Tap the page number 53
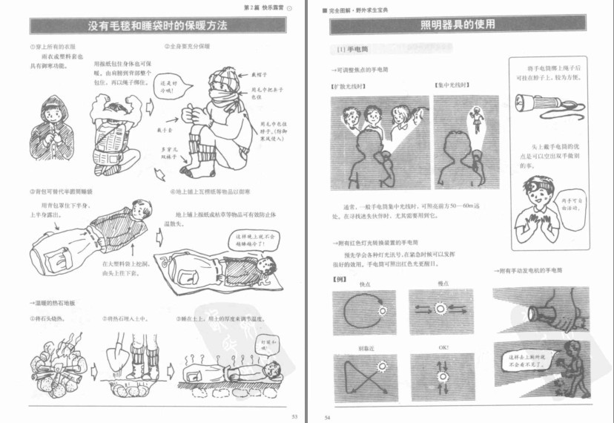294,416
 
